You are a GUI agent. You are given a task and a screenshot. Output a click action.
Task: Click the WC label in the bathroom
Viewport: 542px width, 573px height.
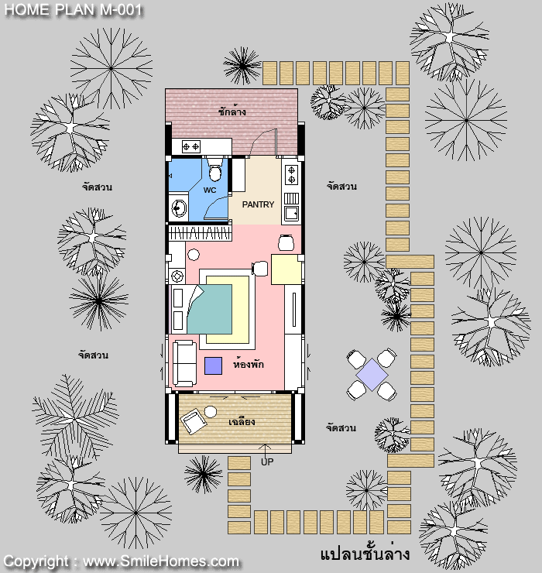click(210, 190)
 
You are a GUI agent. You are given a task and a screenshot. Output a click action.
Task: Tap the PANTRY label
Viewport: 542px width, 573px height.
click(258, 204)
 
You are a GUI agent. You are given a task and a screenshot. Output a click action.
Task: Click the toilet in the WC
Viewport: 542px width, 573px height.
click(214, 170)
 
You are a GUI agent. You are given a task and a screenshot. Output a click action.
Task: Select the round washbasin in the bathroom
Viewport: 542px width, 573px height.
click(179, 208)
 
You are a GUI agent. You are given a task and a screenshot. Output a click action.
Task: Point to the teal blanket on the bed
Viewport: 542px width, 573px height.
click(210, 309)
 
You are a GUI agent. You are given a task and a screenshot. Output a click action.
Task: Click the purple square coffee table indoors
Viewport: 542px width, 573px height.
click(213, 365)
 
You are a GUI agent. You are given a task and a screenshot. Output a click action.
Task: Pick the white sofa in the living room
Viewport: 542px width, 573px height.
click(184, 363)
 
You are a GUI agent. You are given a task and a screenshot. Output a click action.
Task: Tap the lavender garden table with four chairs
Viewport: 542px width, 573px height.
click(372, 375)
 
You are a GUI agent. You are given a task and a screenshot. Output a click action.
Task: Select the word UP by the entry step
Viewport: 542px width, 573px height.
click(267, 462)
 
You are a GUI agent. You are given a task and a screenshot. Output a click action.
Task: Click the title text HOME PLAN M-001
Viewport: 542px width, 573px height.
click(73, 10)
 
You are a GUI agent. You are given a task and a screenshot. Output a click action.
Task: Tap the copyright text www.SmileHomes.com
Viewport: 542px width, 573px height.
click(161, 561)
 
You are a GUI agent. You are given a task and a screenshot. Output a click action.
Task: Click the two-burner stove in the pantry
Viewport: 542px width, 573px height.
click(291, 175)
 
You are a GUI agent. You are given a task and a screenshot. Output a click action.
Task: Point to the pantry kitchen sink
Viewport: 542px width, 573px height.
click(292, 213)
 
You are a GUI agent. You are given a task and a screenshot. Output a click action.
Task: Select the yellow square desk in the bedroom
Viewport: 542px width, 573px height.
click(286, 269)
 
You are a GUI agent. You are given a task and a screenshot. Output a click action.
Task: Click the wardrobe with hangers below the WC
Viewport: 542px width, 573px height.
click(201, 233)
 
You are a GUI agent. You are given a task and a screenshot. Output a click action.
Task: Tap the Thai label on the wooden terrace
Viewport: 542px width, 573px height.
click(242, 422)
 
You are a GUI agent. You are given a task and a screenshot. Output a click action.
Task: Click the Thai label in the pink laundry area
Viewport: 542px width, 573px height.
click(232, 112)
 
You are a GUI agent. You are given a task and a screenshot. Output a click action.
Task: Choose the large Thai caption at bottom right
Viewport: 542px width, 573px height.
click(365, 554)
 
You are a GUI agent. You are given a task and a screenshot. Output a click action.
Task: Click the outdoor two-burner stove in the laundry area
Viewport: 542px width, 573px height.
click(191, 146)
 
